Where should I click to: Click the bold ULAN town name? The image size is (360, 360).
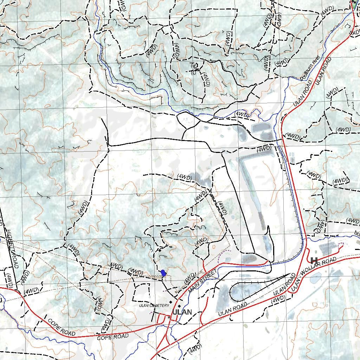pos(182,312)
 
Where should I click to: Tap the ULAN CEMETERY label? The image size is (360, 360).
pos(154,306)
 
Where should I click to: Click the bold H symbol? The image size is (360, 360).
pos(314,260)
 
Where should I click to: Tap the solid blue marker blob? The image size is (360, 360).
pos(163,273)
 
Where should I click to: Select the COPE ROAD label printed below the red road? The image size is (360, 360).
pos(112,337)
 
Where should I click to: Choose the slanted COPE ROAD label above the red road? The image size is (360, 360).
pos(61,327)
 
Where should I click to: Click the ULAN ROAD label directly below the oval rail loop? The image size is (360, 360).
pos(232,309)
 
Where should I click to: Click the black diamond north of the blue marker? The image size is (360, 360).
pos(160,251)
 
